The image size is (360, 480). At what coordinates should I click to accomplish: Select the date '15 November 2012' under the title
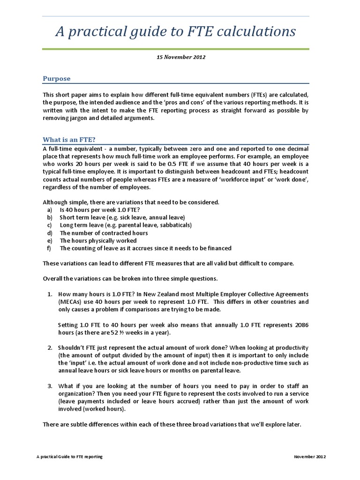pos(180,57)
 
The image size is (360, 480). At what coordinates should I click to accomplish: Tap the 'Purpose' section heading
pos(57,79)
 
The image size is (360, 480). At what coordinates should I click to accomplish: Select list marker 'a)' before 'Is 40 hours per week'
pos(49,210)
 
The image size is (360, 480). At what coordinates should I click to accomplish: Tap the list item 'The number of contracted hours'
pos(104,233)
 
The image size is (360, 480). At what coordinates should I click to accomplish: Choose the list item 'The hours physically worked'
pos(98,240)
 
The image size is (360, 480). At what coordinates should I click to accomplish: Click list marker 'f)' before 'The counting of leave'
pos(49,248)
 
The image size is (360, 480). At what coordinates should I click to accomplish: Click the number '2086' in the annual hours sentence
pos(300,325)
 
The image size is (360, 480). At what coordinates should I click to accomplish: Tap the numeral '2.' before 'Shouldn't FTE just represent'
pos(50,347)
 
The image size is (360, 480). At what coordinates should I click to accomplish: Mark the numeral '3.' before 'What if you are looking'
pos(50,386)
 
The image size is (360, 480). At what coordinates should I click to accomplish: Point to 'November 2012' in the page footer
pos(309,457)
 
